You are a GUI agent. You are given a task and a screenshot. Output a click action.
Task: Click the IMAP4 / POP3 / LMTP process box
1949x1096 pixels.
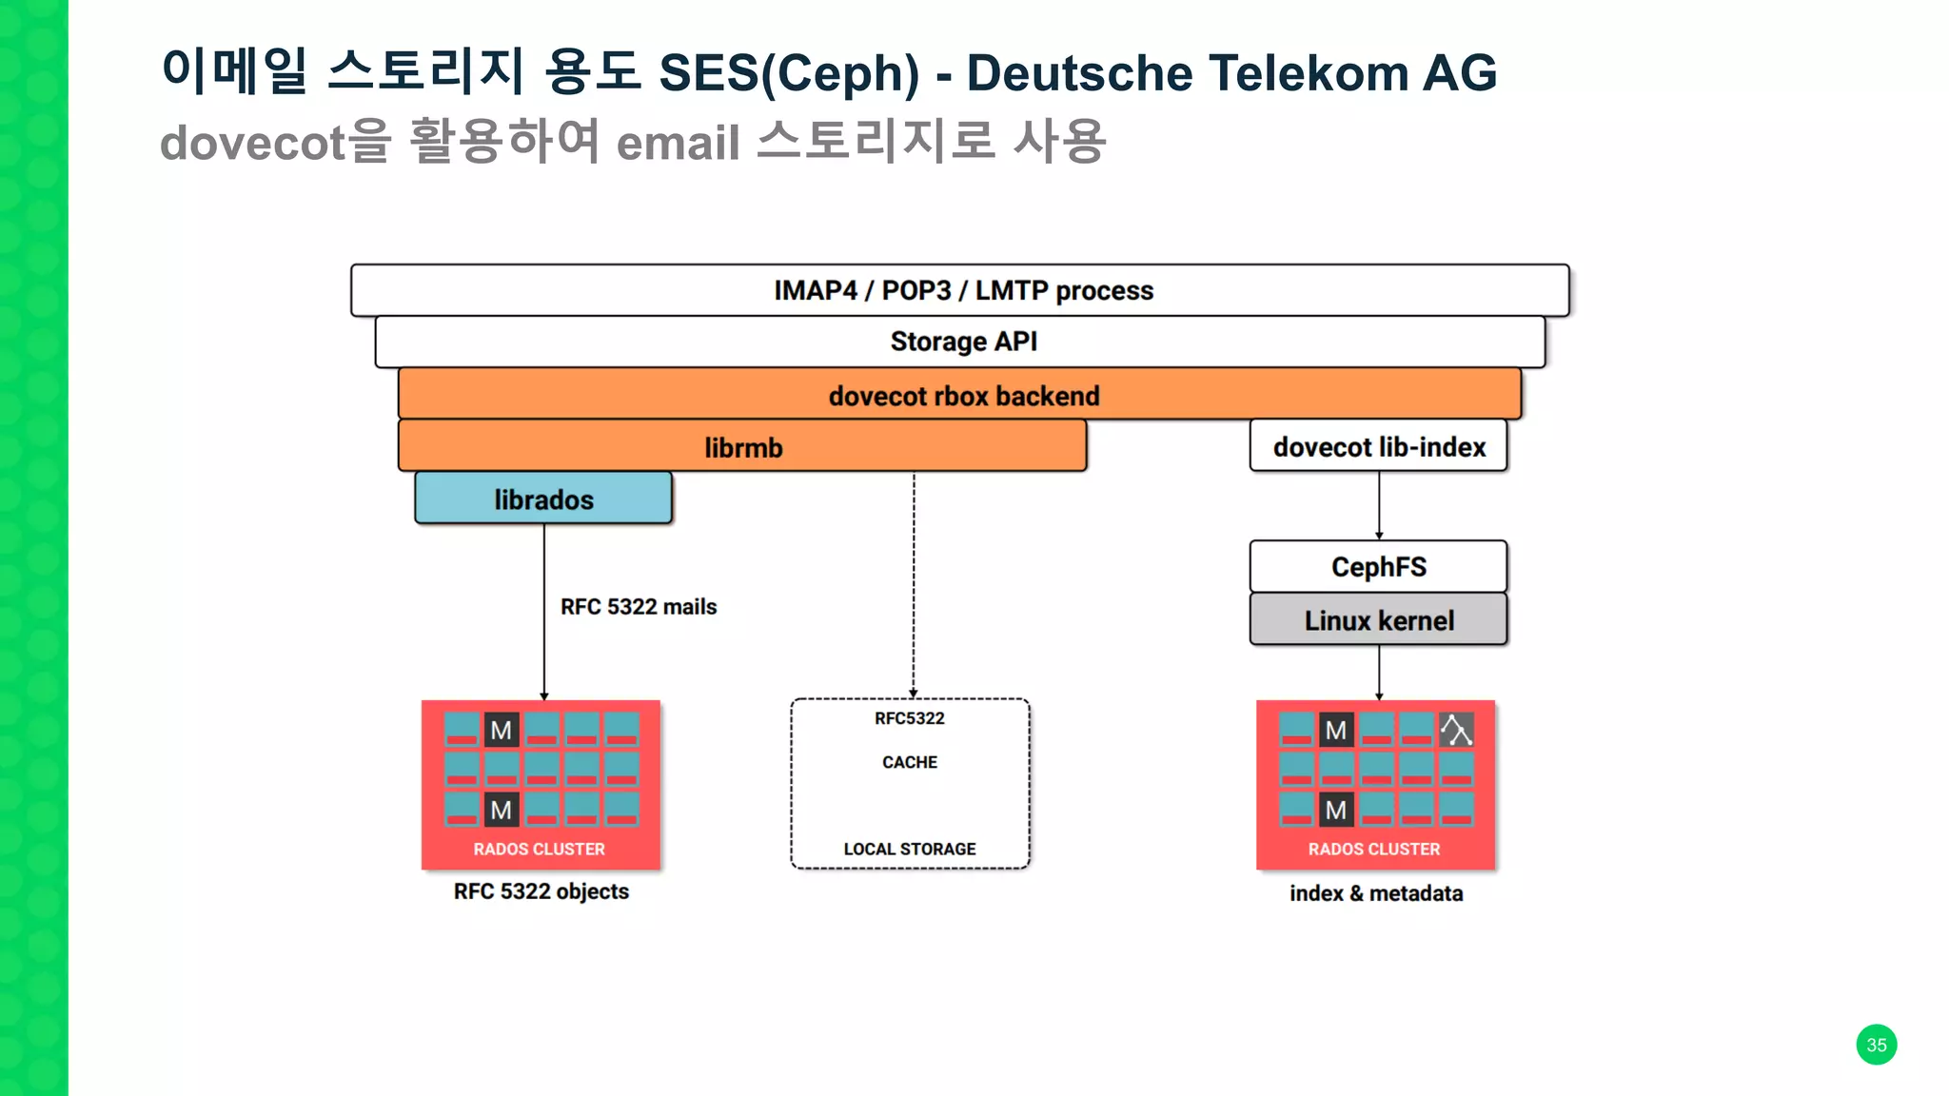[x=960, y=290]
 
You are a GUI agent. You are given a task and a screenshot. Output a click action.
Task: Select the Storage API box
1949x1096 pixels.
[x=960, y=342]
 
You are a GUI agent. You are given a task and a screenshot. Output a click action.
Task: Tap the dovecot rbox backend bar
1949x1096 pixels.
[x=960, y=395]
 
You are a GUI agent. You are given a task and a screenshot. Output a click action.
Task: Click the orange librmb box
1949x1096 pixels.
[x=742, y=446]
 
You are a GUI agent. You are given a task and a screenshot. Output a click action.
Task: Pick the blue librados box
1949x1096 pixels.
[x=543, y=499]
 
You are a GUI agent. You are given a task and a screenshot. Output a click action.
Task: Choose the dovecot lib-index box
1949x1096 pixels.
[x=1378, y=446]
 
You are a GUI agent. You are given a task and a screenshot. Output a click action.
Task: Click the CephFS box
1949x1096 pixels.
[x=1378, y=567]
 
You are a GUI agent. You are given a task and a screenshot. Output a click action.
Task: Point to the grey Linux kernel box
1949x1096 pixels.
[x=1378, y=620]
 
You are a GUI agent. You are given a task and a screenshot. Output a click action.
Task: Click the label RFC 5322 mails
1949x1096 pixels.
[x=638, y=607]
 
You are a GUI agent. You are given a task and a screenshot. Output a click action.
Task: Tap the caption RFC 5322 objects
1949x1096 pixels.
[x=541, y=891]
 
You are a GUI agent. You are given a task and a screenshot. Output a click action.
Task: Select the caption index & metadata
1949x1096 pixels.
[x=1376, y=893]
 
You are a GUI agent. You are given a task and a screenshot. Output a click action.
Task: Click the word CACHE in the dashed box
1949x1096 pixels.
[x=910, y=762]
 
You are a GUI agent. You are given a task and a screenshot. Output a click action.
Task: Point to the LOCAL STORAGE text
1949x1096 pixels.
[x=910, y=849]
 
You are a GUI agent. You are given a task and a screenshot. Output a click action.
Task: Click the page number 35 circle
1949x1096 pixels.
[x=1876, y=1045]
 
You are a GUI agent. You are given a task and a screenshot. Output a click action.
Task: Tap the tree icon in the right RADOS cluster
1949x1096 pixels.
[x=1456, y=730]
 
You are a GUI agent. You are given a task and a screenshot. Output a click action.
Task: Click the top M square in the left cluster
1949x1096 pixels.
[x=502, y=730]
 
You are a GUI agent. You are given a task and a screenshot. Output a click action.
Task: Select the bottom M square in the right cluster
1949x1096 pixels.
[x=1336, y=810]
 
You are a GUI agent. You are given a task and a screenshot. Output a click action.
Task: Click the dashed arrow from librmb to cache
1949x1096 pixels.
[x=914, y=585]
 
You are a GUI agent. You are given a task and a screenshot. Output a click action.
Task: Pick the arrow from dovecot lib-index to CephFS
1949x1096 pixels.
[x=1379, y=505]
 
